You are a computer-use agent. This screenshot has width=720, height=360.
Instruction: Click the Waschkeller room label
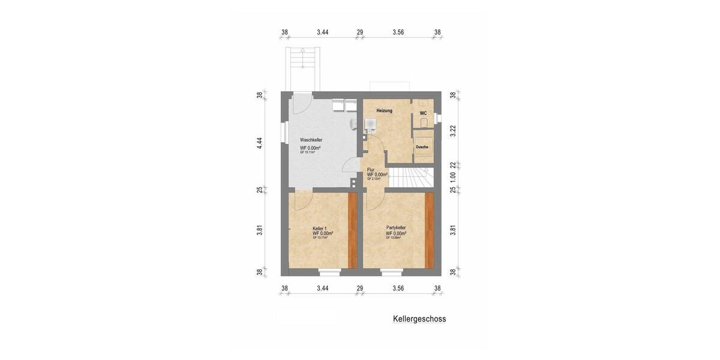point(311,140)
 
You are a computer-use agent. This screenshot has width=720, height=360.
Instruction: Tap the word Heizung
point(384,111)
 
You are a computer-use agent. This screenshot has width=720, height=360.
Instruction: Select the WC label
point(423,113)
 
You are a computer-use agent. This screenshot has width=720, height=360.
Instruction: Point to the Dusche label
point(422,147)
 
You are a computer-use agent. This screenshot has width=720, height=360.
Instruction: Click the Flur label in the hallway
point(371,170)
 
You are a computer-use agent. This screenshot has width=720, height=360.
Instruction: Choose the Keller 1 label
point(320,229)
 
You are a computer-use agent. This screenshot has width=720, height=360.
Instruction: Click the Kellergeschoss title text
point(419,319)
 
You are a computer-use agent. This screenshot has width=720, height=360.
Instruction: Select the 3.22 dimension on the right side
point(453,130)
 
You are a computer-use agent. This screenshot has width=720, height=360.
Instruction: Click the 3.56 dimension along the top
point(398,32)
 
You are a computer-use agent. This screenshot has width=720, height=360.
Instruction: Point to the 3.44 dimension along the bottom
point(322,288)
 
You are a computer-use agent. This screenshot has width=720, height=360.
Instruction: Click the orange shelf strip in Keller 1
point(353,230)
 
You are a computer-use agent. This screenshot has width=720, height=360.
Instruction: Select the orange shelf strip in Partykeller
point(429,230)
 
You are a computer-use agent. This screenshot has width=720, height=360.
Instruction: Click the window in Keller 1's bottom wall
point(329,272)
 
